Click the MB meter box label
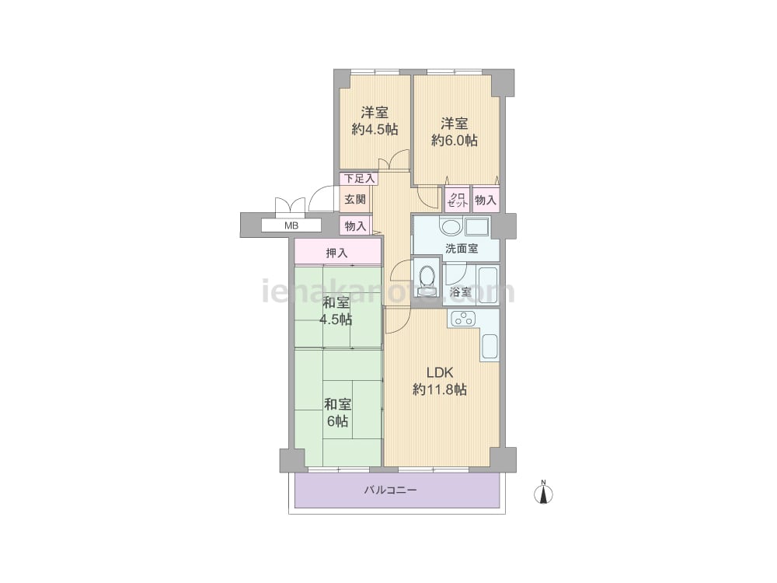tap(291, 225)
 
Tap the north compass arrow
tap(544, 494)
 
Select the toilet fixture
tap(427, 278)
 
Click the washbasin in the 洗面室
tap(451, 228)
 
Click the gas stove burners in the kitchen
tap(462, 318)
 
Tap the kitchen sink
tap(489, 347)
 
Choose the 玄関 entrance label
tap(355, 199)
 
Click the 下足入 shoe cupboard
tap(359, 178)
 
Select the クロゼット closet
tap(458, 199)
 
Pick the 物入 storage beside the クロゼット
tap(486, 199)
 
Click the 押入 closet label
tap(337, 253)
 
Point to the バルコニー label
tap(391, 490)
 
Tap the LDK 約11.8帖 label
tap(440, 381)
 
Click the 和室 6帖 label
tap(337, 413)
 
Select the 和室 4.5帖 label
tap(336, 311)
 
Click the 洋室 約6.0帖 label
tap(455, 132)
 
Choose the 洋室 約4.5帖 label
tap(375, 120)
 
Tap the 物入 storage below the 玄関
tap(355, 226)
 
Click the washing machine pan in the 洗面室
tap(477, 227)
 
